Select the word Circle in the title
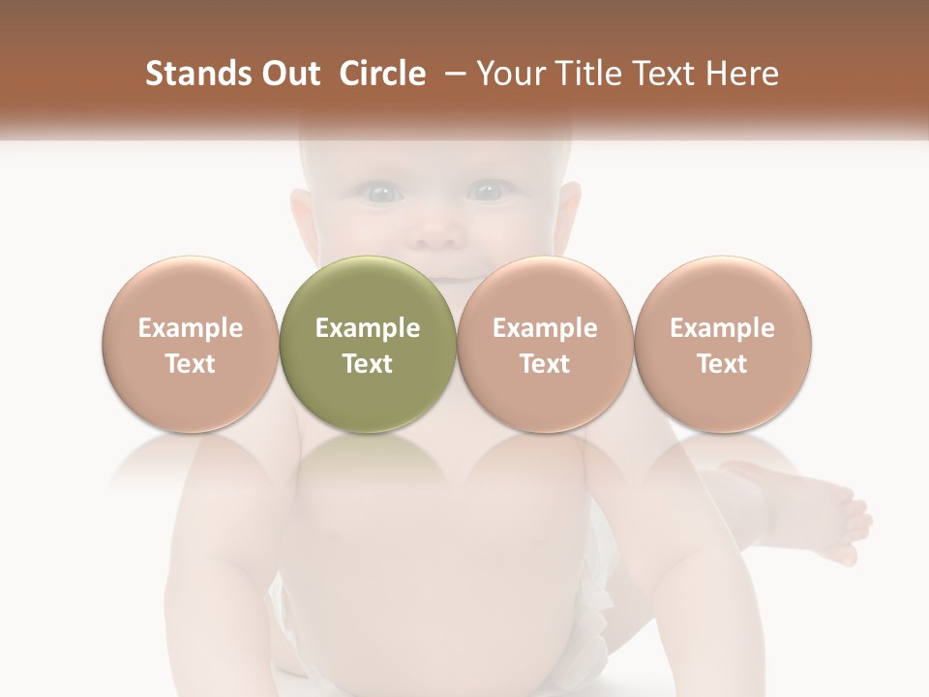(x=382, y=74)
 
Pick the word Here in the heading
(x=741, y=74)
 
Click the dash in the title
(x=452, y=74)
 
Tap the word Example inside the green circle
(x=368, y=328)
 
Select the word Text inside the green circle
(x=368, y=364)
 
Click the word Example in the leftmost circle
(x=191, y=328)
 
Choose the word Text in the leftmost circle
(x=191, y=364)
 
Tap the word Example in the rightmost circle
(x=723, y=328)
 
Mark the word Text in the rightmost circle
(x=723, y=364)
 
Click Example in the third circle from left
(x=545, y=328)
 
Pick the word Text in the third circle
(x=545, y=364)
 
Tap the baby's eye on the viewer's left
(x=383, y=194)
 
